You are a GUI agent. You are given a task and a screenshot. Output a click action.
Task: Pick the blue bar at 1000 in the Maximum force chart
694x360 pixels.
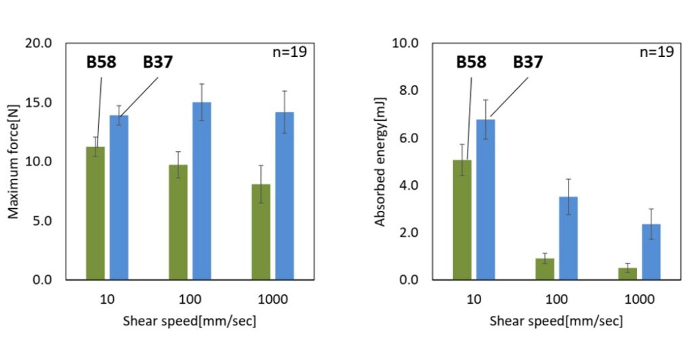(x=285, y=196)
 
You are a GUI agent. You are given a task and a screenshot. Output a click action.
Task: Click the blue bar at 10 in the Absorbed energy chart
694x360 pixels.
(x=486, y=200)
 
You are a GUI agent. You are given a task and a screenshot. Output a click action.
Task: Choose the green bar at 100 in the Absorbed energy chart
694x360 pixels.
(x=545, y=269)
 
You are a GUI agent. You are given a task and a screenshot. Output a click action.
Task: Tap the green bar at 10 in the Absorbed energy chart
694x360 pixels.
(x=462, y=220)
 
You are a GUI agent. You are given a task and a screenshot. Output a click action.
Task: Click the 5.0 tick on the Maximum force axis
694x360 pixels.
(x=41, y=221)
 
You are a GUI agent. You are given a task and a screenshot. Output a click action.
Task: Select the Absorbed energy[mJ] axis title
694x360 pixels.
(x=381, y=162)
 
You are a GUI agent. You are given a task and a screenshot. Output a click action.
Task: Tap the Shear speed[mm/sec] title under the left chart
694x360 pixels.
(x=190, y=321)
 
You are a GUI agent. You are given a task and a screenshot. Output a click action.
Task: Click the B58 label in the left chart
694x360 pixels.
(x=101, y=62)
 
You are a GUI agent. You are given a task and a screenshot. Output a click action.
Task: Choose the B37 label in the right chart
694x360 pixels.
(x=527, y=62)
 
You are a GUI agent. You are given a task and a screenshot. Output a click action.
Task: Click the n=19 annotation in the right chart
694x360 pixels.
(x=656, y=52)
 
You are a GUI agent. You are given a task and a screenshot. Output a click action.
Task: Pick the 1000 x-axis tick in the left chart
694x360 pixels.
(x=272, y=299)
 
